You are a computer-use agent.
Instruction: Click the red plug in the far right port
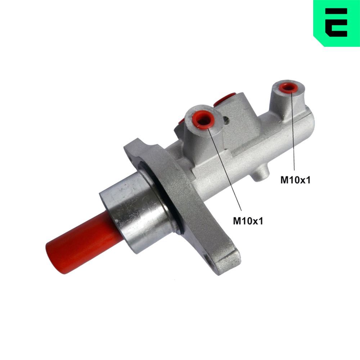point(288,87)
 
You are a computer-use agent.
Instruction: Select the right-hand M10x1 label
point(295,180)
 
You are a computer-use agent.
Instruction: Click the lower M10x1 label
point(248,221)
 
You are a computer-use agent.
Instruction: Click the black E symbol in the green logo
point(336,22)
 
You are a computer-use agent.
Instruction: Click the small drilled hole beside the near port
point(226,120)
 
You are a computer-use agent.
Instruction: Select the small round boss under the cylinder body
point(260,174)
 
